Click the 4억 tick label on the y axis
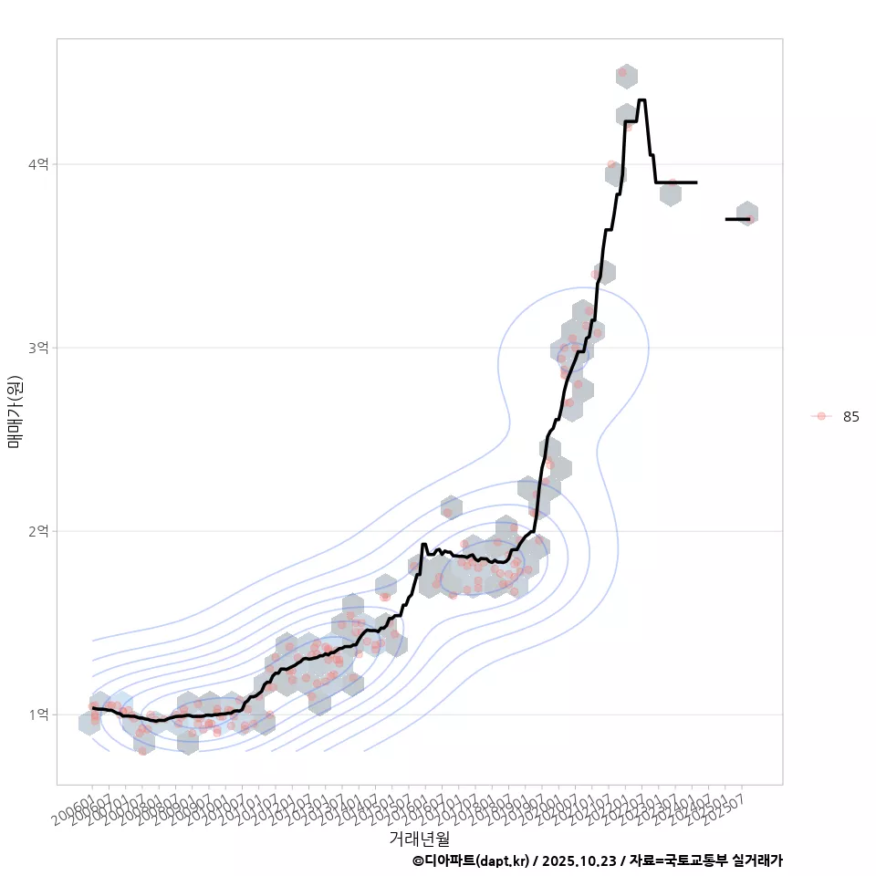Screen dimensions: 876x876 point(37,164)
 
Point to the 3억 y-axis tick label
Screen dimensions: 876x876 point(37,348)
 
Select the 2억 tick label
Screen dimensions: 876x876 point(37,531)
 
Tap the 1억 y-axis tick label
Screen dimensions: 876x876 point(37,714)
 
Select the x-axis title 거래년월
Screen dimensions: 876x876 point(419,838)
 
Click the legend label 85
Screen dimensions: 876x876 point(850,416)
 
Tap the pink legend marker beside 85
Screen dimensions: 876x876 point(821,416)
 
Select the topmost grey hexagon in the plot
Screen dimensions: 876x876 point(626,77)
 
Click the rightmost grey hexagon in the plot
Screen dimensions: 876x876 point(746,214)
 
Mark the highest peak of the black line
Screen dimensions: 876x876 point(641,100)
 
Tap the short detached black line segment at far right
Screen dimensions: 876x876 point(737,219)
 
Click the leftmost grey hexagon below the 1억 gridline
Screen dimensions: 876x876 point(89,724)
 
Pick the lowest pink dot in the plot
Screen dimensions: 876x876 point(142,751)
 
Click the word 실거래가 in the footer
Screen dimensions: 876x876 point(757,860)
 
